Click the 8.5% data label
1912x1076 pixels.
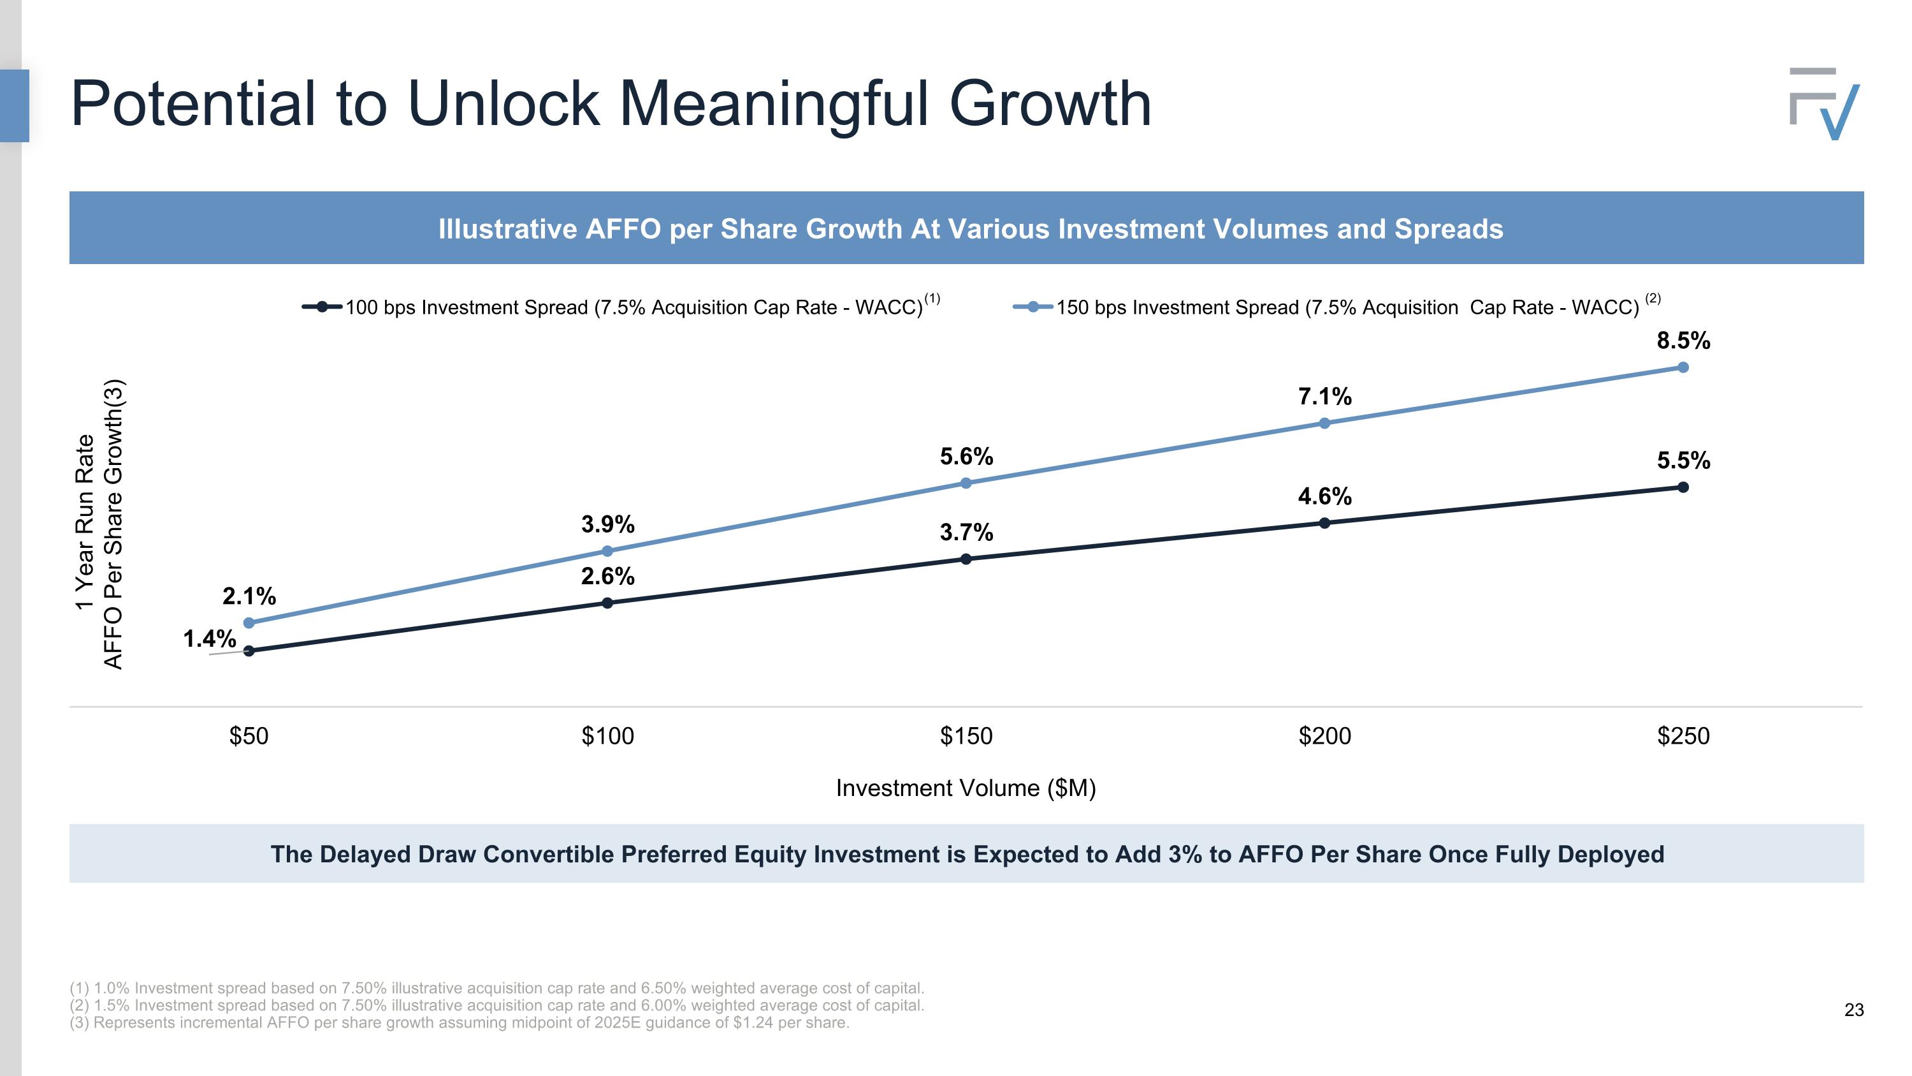tap(1683, 341)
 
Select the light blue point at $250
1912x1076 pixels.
tap(1683, 367)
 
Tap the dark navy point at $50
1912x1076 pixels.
tap(249, 651)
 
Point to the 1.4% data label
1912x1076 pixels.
tap(209, 638)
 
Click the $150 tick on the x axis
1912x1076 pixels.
tap(966, 736)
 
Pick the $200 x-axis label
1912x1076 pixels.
tap(1324, 736)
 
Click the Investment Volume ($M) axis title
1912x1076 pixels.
tap(966, 788)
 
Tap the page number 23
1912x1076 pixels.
tap(1853, 1010)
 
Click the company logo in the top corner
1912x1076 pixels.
tap(1823, 104)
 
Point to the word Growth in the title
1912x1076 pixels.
tap(1050, 104)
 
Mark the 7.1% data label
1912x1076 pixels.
tap(1324, 397)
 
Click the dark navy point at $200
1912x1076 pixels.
tap(1324, 523)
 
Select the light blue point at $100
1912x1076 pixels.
tap(607, 551)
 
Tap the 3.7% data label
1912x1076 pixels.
tap(966, 533)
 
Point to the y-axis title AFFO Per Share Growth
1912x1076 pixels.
tap(113, 524)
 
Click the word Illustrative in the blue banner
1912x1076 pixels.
tap(507, 229)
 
